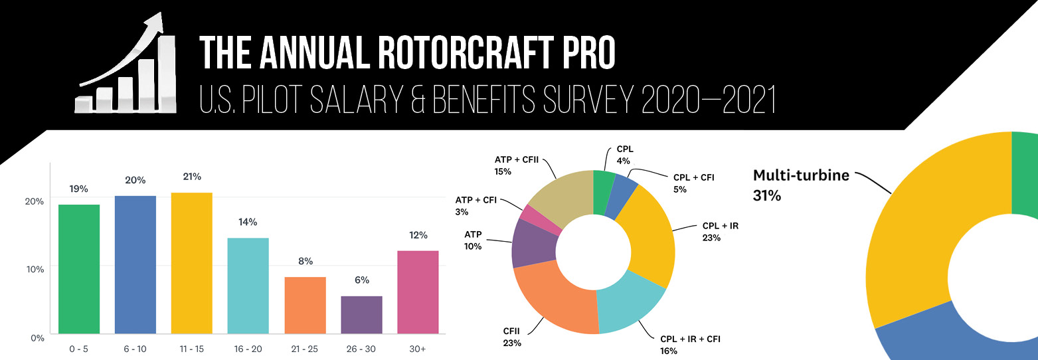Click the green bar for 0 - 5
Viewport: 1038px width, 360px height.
click(x=79, y=269)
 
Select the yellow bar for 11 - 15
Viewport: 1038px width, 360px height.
click(x=191, y=263)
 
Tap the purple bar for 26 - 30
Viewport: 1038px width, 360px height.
click(x=361, y=315)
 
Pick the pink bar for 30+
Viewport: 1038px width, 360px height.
click(x=418, y=292)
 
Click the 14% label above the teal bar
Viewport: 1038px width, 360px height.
click(x=248, y=222)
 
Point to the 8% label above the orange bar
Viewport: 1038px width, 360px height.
click(x=305, y=261)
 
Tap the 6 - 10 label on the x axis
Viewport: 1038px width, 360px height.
click(x=135, y=349)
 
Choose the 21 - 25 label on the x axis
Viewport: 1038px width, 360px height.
click(x=305, y=349)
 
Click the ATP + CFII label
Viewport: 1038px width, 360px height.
click(x=515, y=159)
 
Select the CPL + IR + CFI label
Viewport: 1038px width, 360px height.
click(x=689, y=339)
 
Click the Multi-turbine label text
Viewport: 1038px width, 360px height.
click(x=800, y=176)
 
